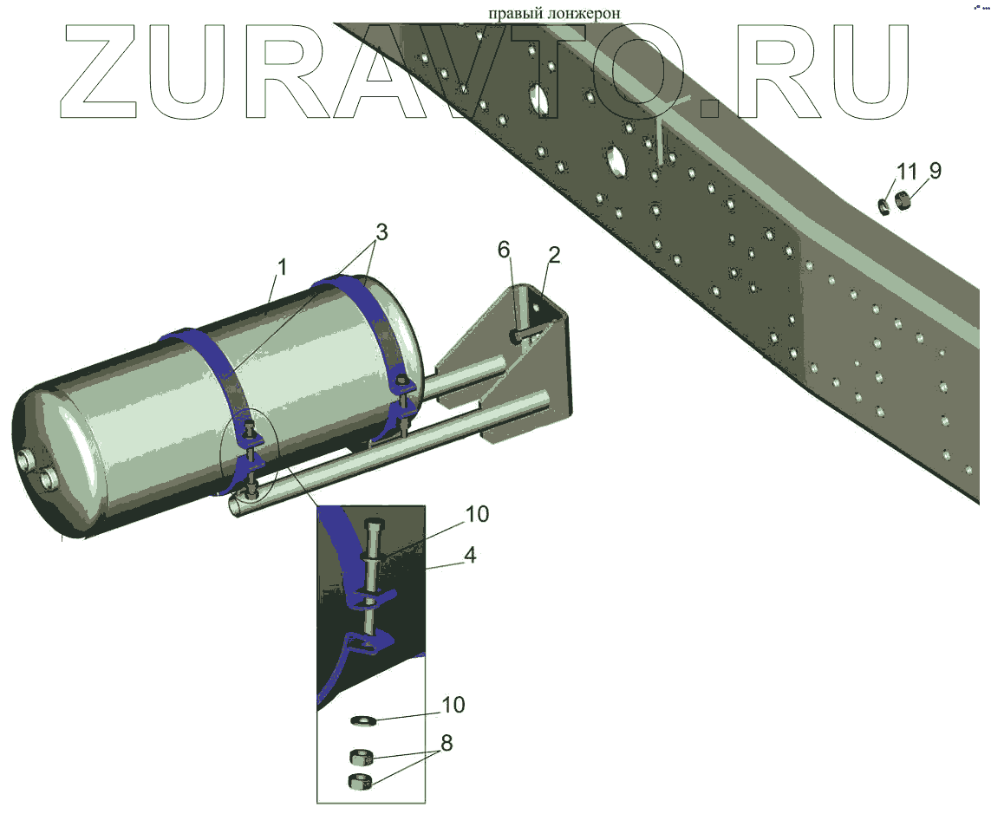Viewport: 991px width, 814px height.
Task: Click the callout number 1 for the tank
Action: click(x=282, y=267)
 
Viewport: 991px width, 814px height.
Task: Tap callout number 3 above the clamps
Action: click(x=381, y=232)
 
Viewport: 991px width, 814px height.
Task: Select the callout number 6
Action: click(x=503, y=251)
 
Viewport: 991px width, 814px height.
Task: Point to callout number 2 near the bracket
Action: click(x=554, y=256)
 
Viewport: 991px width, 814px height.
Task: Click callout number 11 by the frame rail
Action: click(x=906, y=171)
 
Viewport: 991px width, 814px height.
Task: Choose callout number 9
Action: click(x=935, y=170)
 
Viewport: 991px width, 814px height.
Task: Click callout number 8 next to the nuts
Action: click(x=447, y=743)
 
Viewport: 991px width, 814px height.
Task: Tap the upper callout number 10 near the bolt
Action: click(x=477, y=514)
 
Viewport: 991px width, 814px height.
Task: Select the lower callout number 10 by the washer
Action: click(x=453, y=705)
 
